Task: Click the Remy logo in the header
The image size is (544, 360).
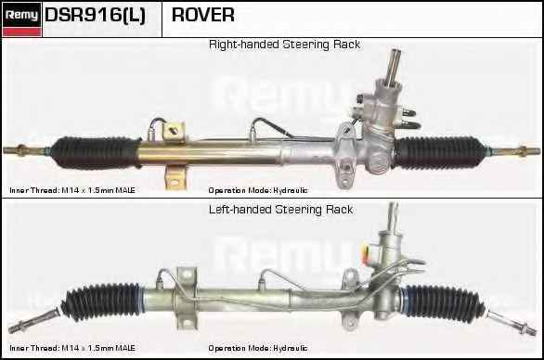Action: click(x=22, y=19)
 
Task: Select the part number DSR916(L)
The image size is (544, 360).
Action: click(x=95, y=15)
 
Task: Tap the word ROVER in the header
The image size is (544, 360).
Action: click(x=203, y=15)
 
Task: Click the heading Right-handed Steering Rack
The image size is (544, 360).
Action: click(x=284, y=45)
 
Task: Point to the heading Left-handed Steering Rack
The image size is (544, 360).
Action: click(x=280, y=210)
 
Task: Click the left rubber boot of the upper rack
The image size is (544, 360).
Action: click(x=97, y=152)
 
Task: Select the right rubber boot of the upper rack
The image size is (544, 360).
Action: click(x=440, y=153)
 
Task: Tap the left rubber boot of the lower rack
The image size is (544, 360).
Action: click(x=101, y=301)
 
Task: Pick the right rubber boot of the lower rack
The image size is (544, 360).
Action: click(x=444, y=302)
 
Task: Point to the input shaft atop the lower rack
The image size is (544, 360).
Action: click(x=393, y=216)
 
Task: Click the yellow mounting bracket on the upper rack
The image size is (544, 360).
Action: click(x=175, y=155)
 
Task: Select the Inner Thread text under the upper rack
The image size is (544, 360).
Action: click(x=72, y=190)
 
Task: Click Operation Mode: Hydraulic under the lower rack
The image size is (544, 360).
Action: click(x=258, y=348)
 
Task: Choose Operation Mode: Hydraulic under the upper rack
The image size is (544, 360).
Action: click(x=258, y=190)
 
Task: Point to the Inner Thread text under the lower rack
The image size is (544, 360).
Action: click(x=72, y=348)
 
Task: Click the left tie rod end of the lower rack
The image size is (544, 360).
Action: click(x=33, y=320)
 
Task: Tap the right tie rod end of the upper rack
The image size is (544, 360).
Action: click(x=514, y=151)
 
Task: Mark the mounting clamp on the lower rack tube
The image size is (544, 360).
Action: click(x=187, y=298)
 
